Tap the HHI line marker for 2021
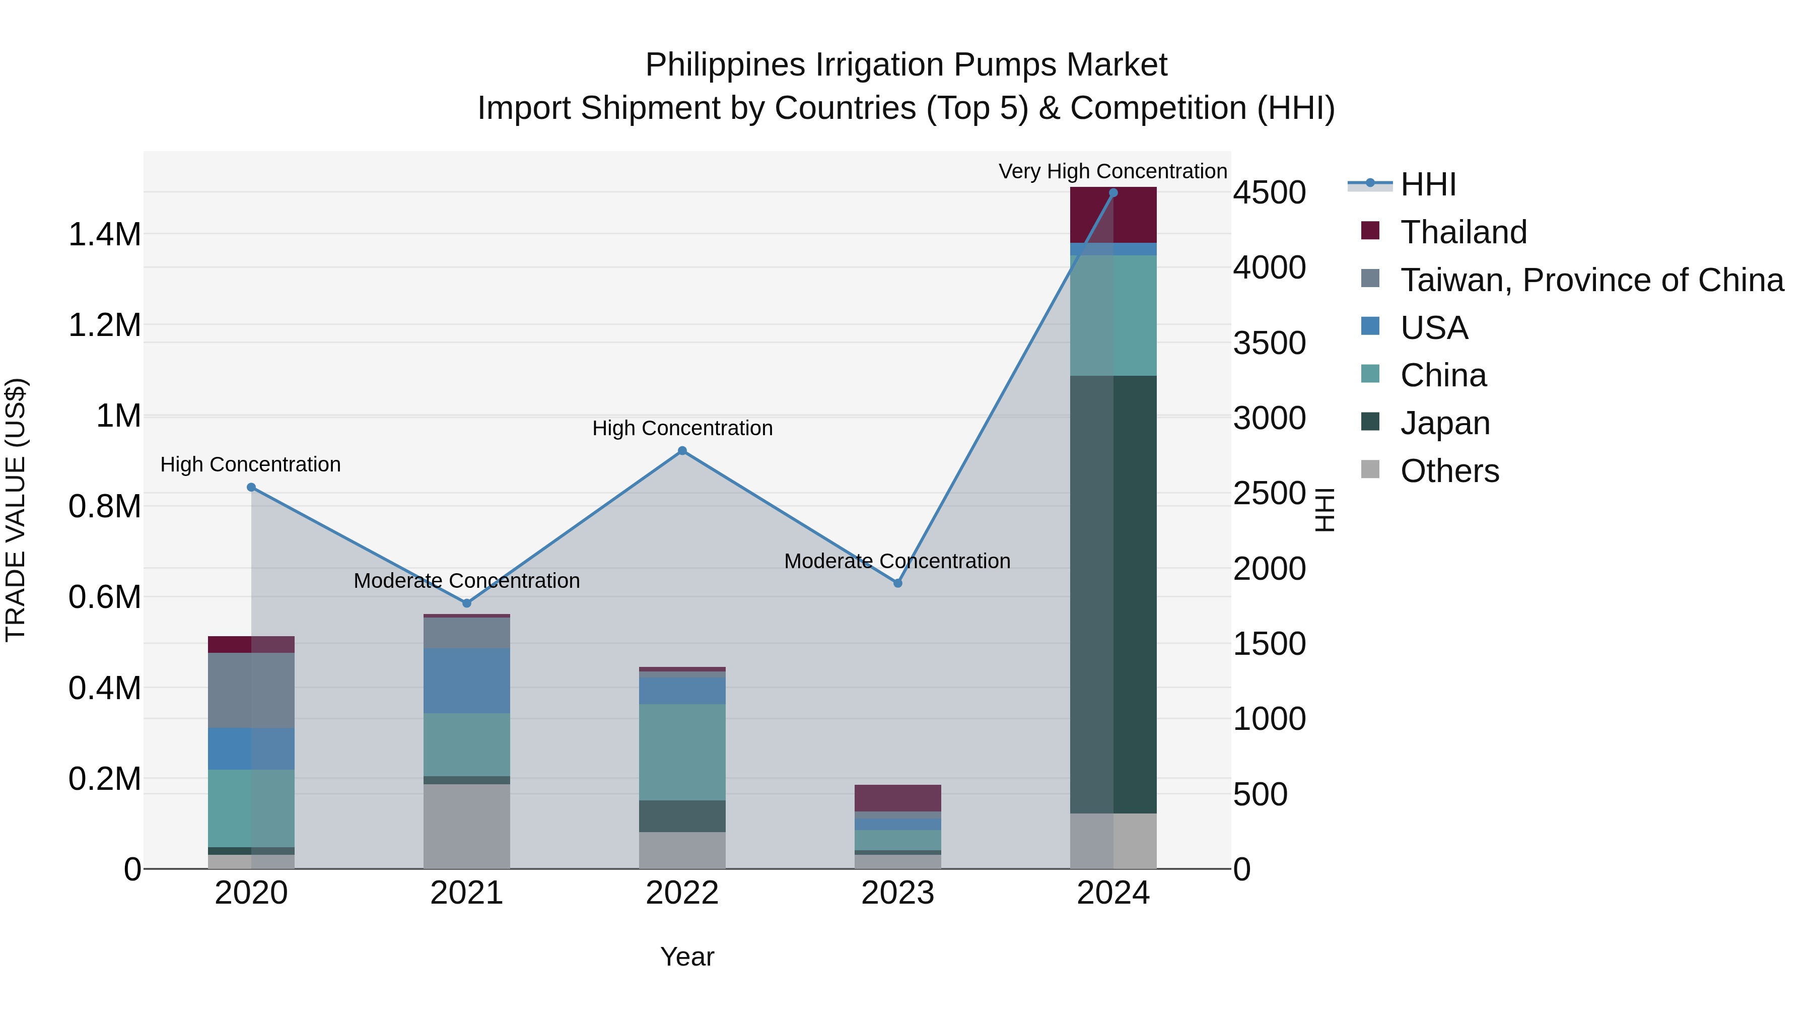(x=467, y=603)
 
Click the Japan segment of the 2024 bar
(x=1112, y=595)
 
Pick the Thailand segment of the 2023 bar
(x=897, y=798)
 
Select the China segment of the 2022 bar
(x=682, y=753)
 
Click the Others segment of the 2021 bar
(x=467, y=827)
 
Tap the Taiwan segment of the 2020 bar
(x=251, y=691)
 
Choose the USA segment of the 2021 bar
(x=467, y=681)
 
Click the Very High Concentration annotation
(x=1112, y=172)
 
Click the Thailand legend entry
(x=1463, y=232)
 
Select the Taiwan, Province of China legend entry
(x=1591, y=280)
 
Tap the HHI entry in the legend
(x=1428, y=184)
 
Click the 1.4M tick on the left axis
(x=105, y=234)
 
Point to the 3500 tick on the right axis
(x=1269, y=344)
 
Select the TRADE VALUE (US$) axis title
(x=16, y=510)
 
